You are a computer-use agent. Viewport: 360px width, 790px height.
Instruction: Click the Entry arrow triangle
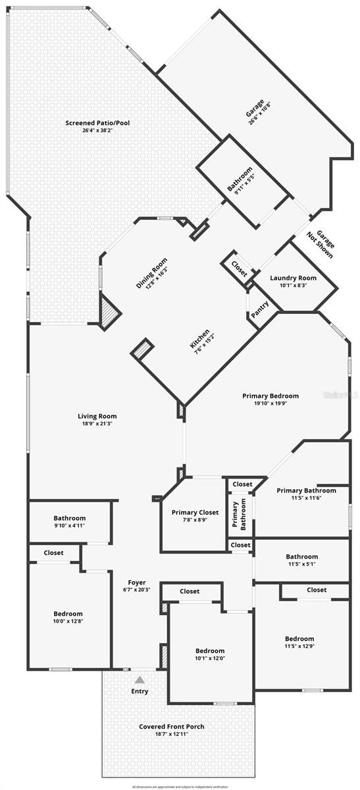tap(139, 680)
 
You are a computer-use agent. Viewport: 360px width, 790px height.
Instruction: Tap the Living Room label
tap(97, 416)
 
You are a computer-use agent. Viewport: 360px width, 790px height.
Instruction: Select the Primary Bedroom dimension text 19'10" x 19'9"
tap(270, 404)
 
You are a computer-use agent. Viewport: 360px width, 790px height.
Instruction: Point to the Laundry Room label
tap(293, 278)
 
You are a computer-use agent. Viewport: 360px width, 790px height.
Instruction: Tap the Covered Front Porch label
tap(171, 727)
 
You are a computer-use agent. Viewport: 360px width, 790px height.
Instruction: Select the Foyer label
tap(137, 582)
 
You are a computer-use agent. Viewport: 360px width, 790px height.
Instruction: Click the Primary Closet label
tap(195, 512)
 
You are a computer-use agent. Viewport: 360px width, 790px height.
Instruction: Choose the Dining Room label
tap(152, 273)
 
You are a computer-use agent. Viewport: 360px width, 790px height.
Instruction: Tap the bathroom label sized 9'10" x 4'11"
tap(70, 518)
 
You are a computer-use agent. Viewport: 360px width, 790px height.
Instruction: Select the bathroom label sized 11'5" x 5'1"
tap(301, 556)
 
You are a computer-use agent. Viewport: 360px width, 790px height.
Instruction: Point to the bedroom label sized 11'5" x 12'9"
tap(299, 639)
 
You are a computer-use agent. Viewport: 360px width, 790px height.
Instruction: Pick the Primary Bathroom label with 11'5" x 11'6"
tap(306, 490)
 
